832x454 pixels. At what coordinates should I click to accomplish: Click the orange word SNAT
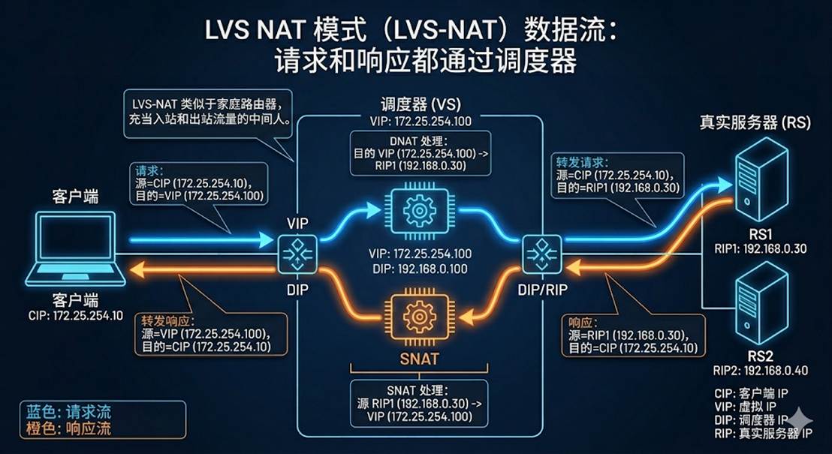click(x=419, y=359)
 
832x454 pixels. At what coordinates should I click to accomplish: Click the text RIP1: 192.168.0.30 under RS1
click(x=762, y=248)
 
